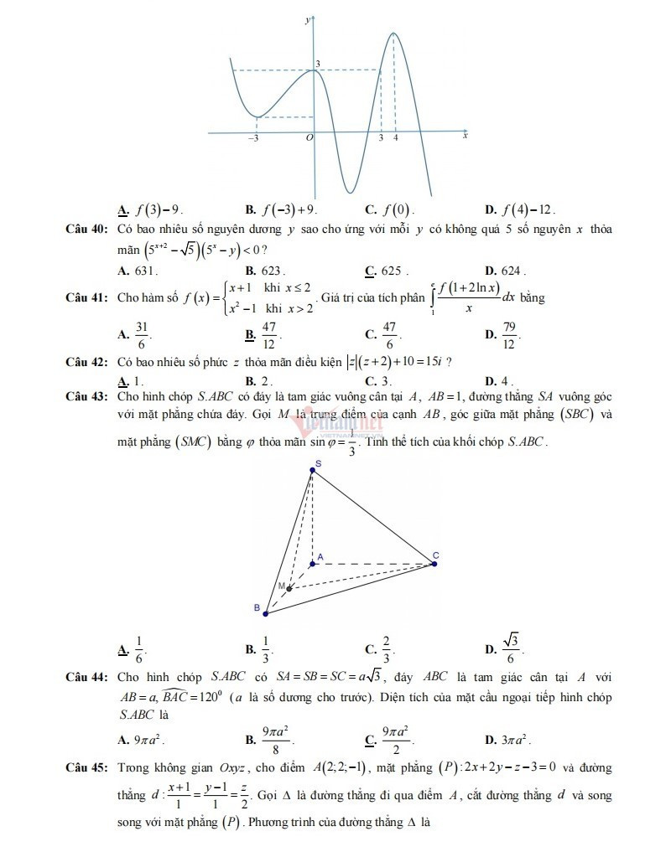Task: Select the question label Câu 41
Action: (x=87, y=297)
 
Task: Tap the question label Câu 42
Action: (x=87, y=362)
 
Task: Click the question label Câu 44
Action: (x=87, y=676)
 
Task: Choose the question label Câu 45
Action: (x=87, y=767)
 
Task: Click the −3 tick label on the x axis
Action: (x=252, y=138)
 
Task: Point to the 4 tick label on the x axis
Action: (x=395, y=138)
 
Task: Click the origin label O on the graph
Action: (x=309, y=138)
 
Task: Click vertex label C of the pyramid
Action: (x=436, y=555)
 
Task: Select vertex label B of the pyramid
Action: (x=257, y=607)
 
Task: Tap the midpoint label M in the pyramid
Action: (x=283, y=585)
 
